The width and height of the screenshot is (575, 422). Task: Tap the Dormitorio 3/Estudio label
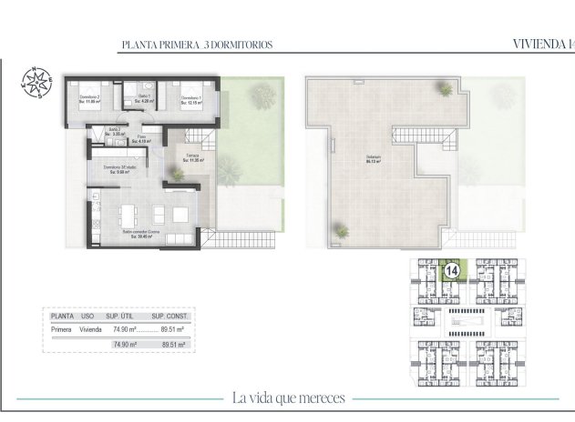(x=119, y=168)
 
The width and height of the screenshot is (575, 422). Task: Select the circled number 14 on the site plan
(x=449, y=269)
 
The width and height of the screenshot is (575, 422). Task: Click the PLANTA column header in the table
(x=62, y=316)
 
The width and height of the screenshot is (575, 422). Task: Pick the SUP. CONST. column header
(x=169, y=316)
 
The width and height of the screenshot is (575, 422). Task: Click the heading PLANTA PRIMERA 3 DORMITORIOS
(x=197, y=44)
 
